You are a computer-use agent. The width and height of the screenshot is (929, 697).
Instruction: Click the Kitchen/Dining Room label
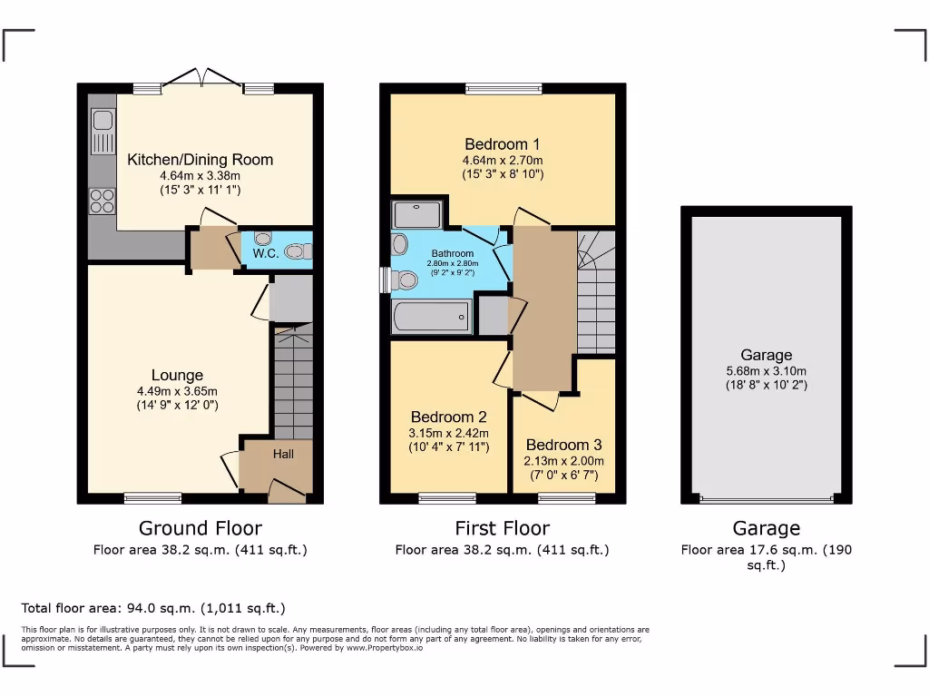[x=200, y=160]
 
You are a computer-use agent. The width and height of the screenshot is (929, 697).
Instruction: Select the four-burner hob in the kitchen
[x=102, y=200]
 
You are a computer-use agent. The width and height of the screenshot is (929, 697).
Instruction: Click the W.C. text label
[x=266, y=253]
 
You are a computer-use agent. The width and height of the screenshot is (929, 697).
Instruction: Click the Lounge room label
[x=177, y=375]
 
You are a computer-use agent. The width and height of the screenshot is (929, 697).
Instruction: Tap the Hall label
[x=283, y=454]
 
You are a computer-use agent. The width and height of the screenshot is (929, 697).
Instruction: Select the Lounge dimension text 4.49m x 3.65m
[x=177, y=391]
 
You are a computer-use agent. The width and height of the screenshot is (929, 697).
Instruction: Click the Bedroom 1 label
[x=502, y=143]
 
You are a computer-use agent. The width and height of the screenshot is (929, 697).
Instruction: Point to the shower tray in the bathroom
[x=416, y=215]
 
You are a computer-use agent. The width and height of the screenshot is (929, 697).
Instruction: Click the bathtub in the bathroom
[x=431, y=317]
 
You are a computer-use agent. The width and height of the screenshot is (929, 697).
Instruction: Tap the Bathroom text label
[x=452, y=253]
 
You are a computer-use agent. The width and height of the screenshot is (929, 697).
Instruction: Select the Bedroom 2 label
[x=448, y=417]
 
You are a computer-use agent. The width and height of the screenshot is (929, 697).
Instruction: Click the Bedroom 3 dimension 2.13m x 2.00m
[x=563, y=461]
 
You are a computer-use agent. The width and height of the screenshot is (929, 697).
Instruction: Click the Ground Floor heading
[x=200, y=528]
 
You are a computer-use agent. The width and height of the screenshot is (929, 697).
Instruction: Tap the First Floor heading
[x=502, y=528]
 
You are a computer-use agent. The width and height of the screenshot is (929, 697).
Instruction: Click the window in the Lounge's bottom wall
[x=152, y=497]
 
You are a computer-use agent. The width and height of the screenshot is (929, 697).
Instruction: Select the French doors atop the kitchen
[x=203, y=80]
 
